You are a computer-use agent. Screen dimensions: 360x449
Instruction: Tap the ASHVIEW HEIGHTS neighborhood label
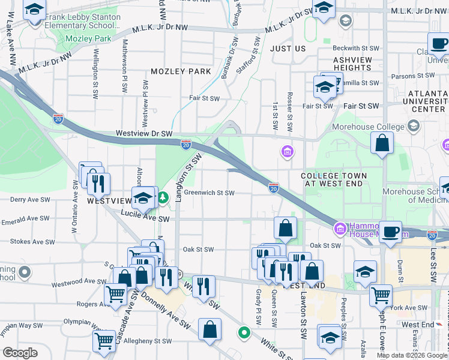pos(352,64)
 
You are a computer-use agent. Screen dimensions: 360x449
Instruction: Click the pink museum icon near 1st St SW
pos(287,152)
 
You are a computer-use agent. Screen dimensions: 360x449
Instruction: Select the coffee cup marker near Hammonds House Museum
pos(391,231)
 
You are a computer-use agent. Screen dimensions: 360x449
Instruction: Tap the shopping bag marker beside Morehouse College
pos(382,143)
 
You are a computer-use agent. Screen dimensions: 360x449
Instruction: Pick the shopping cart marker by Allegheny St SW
pos(104,341)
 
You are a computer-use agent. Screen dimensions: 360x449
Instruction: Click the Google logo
pos(20,353)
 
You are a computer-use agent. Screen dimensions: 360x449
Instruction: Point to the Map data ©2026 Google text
pos(412,355)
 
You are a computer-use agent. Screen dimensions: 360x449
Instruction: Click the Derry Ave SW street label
pos(25,199)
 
